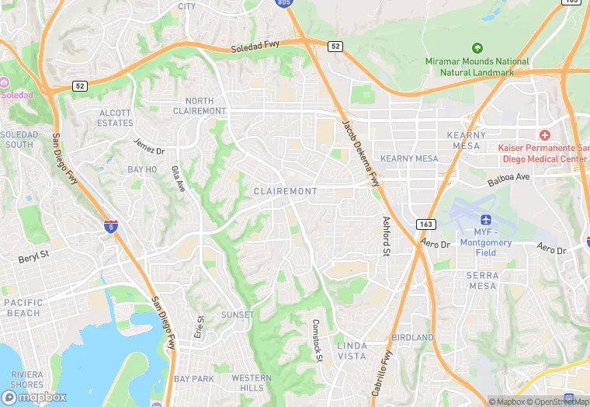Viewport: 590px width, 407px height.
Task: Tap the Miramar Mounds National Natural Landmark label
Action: tap(477, 67)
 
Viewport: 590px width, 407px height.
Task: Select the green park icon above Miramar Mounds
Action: tap(477, 48)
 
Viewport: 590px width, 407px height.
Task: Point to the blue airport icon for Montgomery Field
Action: tap(486, 220)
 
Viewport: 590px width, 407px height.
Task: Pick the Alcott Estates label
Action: tap(116, 118)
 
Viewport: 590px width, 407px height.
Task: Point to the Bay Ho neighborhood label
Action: tap(142, 169)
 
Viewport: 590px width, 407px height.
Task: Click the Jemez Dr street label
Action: tap(148, 145)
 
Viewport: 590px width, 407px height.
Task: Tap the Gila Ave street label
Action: tap(179, 179)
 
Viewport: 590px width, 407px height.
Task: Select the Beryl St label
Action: tap(33, 254)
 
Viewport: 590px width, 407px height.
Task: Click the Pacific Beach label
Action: tap(23, 308)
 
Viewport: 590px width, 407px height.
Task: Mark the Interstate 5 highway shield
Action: tap(111, 226)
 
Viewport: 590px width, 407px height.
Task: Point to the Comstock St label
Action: tap(317, 339)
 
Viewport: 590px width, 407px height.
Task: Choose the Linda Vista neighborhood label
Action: tap(352, 350)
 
